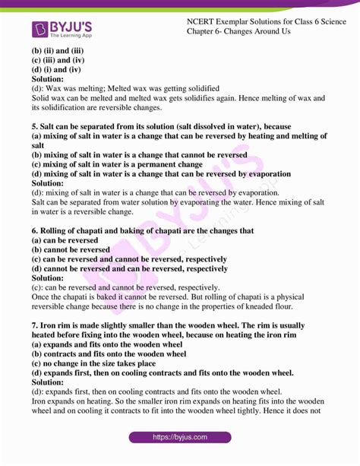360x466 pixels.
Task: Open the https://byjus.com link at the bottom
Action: pos(180,437)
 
